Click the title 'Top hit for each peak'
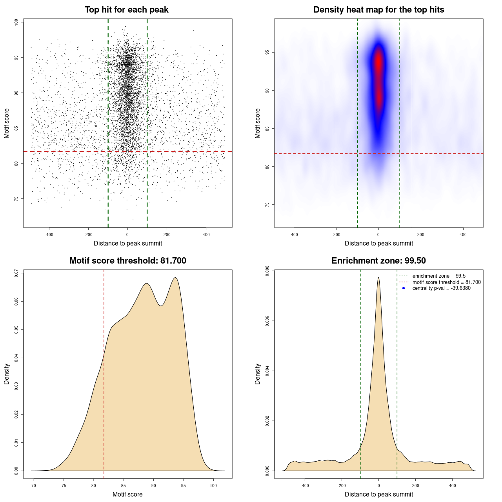[126, 10]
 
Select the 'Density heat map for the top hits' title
[378, 10]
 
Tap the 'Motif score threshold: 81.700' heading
[127, 261]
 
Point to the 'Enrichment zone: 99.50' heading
[378, 261]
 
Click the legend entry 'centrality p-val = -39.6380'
[441, 288]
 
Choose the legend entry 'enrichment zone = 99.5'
[439, 276]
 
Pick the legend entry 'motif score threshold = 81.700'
[446, 282]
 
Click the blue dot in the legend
[404, 288]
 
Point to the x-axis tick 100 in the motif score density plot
[213, 486]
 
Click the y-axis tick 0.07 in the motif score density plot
[16, 273]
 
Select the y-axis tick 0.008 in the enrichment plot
[267, 271]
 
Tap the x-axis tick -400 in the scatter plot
[49, 235]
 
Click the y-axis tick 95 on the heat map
[267, 52]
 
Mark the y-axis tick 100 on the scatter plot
[16, 22]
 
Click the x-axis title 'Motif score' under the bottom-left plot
[127, 494]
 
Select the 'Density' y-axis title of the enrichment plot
[258, 374]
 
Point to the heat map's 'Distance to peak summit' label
[378, 243]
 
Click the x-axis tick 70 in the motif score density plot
[34, 486]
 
